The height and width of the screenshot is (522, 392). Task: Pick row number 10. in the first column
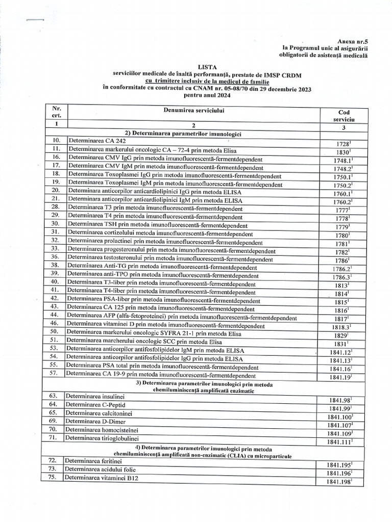(x=56, y=141)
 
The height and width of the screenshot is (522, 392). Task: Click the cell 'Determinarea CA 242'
(x=97, y=141)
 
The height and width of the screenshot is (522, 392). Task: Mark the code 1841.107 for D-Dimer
(x=340, y=425)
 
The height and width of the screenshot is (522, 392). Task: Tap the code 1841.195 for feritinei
(x=339, y=465)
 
